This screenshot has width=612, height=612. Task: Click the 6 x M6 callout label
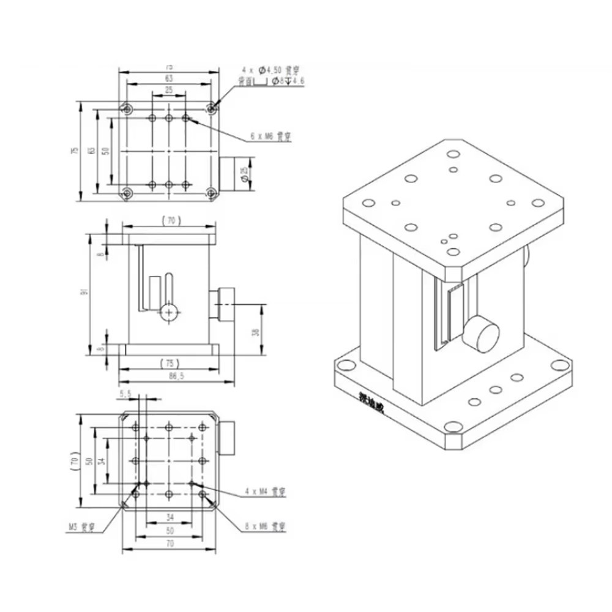point(270,137)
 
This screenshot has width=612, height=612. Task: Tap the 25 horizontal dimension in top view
point(169,90)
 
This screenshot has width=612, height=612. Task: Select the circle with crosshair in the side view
point(168,313)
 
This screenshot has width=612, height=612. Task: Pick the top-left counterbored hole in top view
point(127,110)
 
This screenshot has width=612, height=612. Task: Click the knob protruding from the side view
point(223,304)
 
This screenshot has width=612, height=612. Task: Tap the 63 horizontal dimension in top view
point(169,78)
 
